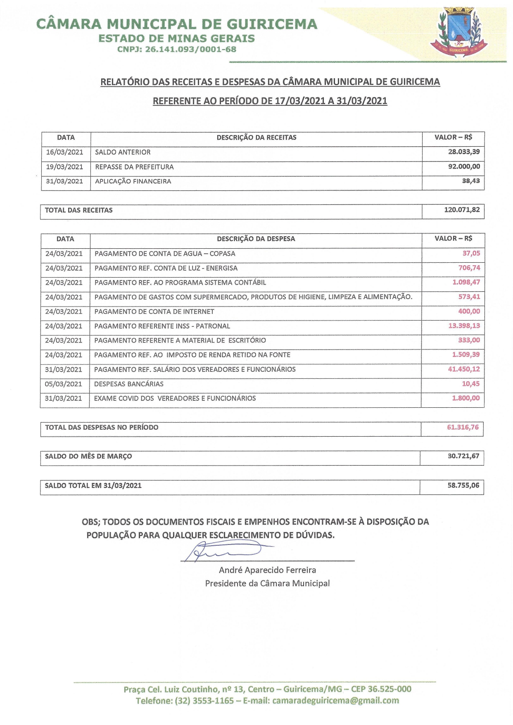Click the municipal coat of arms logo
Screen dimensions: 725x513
pyautogui.click(x=458, y=32)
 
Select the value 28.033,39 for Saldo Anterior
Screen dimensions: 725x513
pyautogui.click(x=464, y=152)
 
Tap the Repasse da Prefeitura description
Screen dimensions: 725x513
pyautogui.click(x=134, y=167)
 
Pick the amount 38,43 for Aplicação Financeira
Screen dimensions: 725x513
pyautogui.click(x=471, y=181)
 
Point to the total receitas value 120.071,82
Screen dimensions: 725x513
pyautogui.click(x=462, y=210)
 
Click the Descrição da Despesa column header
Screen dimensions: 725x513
pyautogui.click(x=256, y=239)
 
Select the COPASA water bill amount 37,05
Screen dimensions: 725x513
pyautogui.click(x=471, y=253)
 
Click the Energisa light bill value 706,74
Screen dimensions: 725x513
pyautogui.click(x=469, y=268)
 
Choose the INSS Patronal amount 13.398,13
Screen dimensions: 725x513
pyautogui.click(x=464, y=326)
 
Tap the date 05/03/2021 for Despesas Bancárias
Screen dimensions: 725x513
pyautogui.click(x=64, y=384)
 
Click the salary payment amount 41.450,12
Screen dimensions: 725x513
pyautogui.click(x=464, y=369)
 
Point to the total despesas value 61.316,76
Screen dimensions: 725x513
pyautogui.click(x=463, y=427)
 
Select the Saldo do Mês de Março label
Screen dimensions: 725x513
pyautogui.click(x=88, y=456)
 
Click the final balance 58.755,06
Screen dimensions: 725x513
pyautogui.click(x=463, y=485)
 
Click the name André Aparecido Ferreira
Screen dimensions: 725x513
pyautogui.click(x=267, y=570)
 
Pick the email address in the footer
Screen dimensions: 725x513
pyautogui.click(x=335, y=701)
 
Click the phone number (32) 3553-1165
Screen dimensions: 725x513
pyautogui.click(x=204, y=701)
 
